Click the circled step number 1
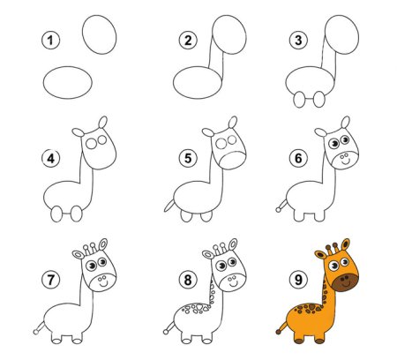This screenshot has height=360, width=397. pos(50,41)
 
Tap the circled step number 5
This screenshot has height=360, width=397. pos(188,158)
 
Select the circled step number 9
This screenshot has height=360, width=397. pos(298,280)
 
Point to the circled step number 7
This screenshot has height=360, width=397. pos(50,280)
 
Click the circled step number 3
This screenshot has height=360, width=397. pos(298,41)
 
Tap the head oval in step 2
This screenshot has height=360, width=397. pos(229,34)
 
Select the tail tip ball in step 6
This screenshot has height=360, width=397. pos(278,210)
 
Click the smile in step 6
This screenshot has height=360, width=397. pos(344,162)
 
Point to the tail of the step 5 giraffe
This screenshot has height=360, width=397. pos(169,206)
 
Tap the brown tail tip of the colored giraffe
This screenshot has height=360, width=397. pos(278,332)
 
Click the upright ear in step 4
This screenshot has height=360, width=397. pos(102,123)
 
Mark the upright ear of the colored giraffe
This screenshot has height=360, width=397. pos(345,244)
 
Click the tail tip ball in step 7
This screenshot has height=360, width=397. pos(36,332)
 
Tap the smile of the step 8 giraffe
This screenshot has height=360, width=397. pos(234,284)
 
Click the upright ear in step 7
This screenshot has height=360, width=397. pos(102,244)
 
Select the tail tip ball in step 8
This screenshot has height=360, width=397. pos(166,332)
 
